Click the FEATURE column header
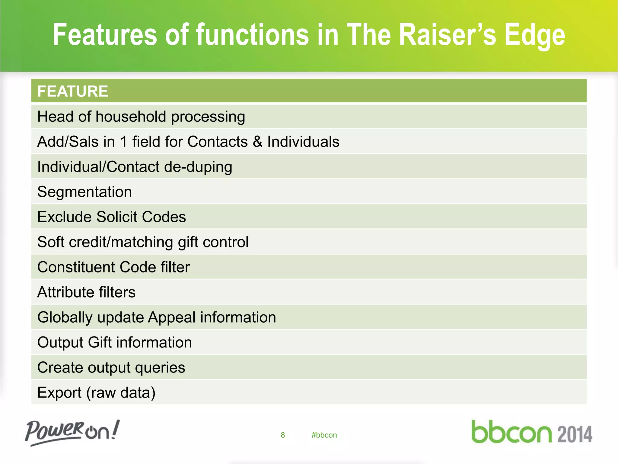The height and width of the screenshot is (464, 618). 72,91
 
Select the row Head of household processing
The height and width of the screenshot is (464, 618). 141,117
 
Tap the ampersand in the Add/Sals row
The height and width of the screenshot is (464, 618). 257,142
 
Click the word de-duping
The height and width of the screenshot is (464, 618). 198,167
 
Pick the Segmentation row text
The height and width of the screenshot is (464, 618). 84,192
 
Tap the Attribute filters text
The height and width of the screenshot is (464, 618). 86,292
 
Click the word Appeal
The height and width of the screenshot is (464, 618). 172,317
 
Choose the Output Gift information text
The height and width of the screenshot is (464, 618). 114,342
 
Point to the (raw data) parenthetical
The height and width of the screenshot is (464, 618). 121,393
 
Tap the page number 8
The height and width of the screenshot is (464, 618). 283,435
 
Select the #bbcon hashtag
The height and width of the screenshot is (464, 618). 324,435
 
